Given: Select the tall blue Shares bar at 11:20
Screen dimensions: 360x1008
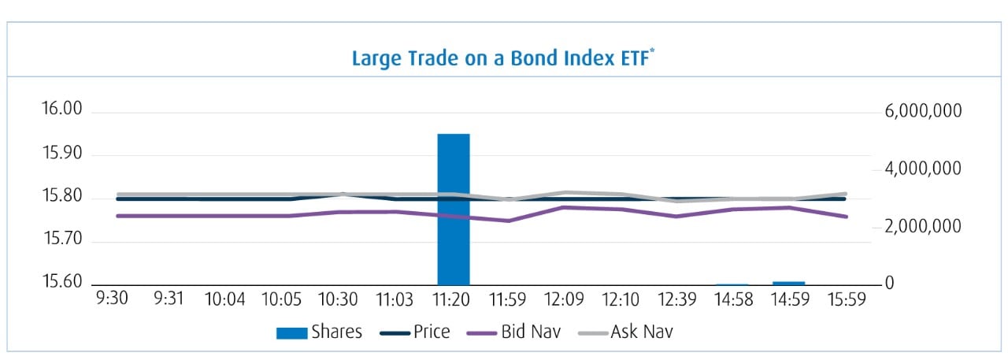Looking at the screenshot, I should pyautogui.click(x=454, y=209).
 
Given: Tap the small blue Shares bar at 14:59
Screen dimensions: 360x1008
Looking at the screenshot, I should pyautogui.click(x=788, y=282).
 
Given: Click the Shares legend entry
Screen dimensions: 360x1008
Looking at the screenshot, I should pyautogui.click(x=319, y=332).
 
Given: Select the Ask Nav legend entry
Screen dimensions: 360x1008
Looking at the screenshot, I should pyautogui.click(x=627, y=332).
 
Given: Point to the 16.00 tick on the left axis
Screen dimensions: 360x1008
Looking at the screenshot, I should pyautogui.click(x=61, y=109).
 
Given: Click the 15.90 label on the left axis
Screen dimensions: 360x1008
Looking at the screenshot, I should pyautogui.click(x=61, y=153).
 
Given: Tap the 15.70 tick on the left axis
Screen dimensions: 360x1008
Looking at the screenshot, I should pyautogui.click(x=61, y=239).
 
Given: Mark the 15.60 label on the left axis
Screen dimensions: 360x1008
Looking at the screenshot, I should pyautogui.click(x=61, y=282).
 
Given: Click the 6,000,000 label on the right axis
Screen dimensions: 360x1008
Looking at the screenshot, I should pyautogui.click(x=923, y=112).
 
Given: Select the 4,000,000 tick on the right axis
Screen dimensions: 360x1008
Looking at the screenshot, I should pyautogui.click(x=923, y=169).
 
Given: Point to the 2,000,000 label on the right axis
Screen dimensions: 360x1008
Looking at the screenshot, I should pyautogui.click(x=923, y=227).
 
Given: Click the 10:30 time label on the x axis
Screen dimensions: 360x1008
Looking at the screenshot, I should pyautogui.click(x=339, y=300).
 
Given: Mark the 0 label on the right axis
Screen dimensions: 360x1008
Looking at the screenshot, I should pyautogui.click(x=888, y=283).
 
